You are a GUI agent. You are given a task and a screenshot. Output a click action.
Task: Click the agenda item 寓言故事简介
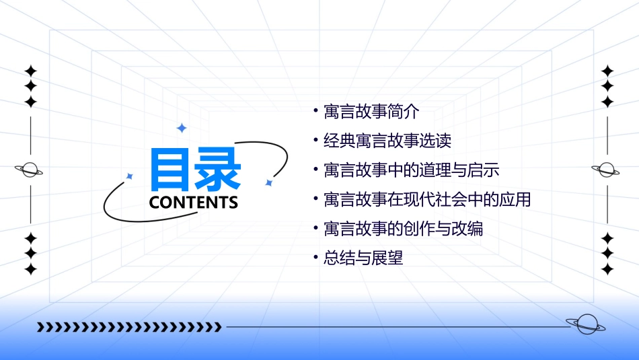click(371, 112)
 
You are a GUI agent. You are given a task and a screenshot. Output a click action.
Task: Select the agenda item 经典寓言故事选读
click(387, 141)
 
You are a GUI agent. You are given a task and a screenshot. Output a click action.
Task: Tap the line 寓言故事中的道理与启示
click(411, 170)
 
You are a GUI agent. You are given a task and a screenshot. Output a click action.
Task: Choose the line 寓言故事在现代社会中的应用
click(427, 199)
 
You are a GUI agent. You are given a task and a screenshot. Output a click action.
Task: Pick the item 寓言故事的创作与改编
click(403, 228)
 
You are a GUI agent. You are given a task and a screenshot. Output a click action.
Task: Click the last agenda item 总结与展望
click(363, 257)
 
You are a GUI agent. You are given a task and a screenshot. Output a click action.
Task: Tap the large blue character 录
click(217, 170)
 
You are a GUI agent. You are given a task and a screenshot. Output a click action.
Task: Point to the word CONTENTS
click(194, 203)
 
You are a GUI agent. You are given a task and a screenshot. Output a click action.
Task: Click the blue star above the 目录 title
click(181, 128)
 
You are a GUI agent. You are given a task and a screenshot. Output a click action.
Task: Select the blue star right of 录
click(268, 182)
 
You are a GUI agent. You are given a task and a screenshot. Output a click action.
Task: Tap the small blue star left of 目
click(130, 176)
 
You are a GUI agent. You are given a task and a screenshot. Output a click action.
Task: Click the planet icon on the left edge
click(30, 170)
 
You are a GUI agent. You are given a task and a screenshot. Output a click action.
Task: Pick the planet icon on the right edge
click(607, 170)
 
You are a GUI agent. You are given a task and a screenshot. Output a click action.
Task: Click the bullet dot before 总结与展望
click(316, 256)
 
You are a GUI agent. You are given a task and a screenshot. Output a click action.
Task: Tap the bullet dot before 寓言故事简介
click(316, 110)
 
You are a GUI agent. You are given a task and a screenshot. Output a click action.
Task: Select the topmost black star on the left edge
click(30, 71)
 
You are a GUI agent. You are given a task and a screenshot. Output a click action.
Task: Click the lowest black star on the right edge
click(607, 269)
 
